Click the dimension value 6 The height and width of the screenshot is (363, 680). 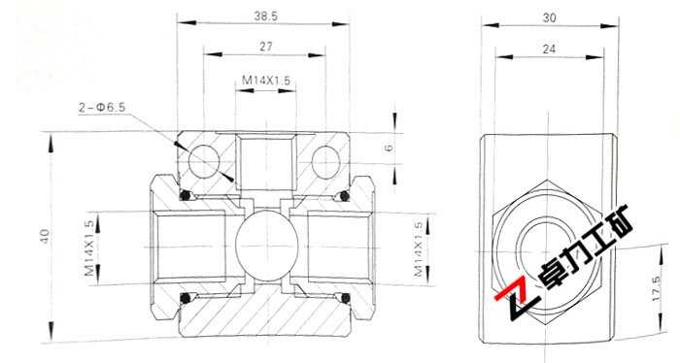tap(388, 148)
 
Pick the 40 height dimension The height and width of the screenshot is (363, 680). tap(45, 235)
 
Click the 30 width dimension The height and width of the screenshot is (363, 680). tap(549, 16)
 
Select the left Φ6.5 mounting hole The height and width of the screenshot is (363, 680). tap(205, 158)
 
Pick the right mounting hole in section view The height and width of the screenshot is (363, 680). tap(324, 158)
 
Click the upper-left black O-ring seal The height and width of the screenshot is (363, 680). tap(184, 197)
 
